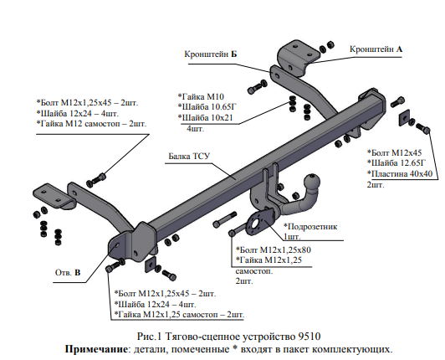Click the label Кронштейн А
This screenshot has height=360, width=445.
pyautogui.click(x=376, y=49)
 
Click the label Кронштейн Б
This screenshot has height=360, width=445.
pyautogui.click(x=210, y=54)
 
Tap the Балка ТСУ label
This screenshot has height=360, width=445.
pyautogui.click(x=189, y=156)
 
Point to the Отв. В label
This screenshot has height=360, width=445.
pyautogui.click(x=68, y=272)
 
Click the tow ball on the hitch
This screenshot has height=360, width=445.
pyautogui.click(x=312, y=181)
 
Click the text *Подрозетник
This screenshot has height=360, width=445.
pyautogui.click(x=310, y=227)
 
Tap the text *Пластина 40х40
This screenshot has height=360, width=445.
pyautogui.click(x=400, y=173)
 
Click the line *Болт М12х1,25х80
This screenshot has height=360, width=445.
pyautogui.click(x=274, y=249)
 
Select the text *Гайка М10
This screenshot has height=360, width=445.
pyautogui.click(x=201, y=96)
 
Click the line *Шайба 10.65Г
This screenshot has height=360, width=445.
pyautogui.click(x=207, y=107)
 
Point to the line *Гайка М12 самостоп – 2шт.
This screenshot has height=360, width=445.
pyautogui.click(x=91, y=124)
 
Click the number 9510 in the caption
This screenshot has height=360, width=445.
pyautogui.click(x=309, y=337)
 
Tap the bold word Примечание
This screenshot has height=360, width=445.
pyautogui.click(x=96, y=349)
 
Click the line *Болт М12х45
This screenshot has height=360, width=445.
pyautogui.click(x=395, y=152)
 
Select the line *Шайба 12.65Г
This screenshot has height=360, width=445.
pyautogui.click(x=396, y=162)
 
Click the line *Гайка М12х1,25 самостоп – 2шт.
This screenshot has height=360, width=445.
pyautogui.click(x=179, y=315)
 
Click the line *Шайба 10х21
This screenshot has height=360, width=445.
pyautogui.click(x=206, y=117)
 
